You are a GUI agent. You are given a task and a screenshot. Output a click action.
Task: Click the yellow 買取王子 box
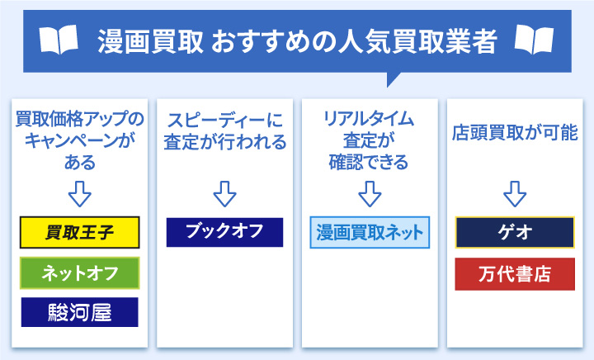(80, 233)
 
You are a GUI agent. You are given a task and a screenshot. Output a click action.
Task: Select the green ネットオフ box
(80, 273)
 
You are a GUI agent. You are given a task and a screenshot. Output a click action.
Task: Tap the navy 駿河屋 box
(80, 312)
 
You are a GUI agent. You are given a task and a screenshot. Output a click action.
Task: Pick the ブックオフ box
(224, 232)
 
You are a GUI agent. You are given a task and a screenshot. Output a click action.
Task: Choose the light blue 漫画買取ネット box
(370, 233)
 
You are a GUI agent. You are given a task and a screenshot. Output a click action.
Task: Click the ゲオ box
(514, 233)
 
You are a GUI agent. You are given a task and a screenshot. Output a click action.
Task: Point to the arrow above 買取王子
(80, 194)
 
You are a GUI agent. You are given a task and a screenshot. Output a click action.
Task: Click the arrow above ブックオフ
(224, 194)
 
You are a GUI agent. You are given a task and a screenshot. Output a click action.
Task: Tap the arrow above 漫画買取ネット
(370, 194)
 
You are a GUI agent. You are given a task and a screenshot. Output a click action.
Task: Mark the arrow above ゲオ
(514, 194)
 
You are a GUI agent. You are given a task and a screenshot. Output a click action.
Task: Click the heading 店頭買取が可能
(514, 132)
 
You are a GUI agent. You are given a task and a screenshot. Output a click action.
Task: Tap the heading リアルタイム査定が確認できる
(370, 140)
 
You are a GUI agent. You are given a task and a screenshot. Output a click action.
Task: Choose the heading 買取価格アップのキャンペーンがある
(80, 140)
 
